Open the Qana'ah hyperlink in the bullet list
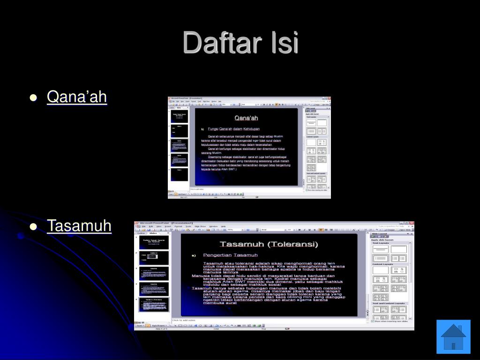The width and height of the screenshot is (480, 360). tap(77, 97)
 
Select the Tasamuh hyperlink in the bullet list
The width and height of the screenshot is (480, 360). tap(79, 226)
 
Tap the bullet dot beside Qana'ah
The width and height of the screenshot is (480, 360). tap(33, 98)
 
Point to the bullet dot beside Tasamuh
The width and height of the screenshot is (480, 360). tap(33, 227)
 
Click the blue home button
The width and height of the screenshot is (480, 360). tap(453, 337)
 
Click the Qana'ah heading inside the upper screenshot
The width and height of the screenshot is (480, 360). tap(246, 118)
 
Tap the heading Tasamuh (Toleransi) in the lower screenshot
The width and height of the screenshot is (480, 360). tap(269, 244)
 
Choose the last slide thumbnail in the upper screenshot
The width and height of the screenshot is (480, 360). tap(179, 174)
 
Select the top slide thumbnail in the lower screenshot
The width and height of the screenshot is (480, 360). tap(154, 243)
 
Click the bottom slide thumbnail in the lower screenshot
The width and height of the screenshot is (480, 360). tap(154, 305)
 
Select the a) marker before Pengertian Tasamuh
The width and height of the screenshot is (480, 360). tap(193, 255)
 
